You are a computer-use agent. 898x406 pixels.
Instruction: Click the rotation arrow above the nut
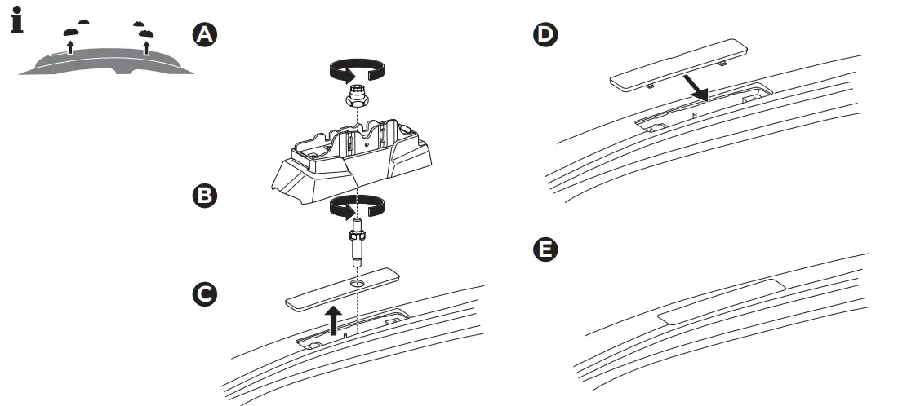(x=357, y=71)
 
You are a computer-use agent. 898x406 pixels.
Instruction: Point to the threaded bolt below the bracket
(x=357, y=241)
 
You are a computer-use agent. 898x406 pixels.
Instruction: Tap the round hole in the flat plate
(x=357, y=283)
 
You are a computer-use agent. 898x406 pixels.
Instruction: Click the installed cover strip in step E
(x=719, y=301)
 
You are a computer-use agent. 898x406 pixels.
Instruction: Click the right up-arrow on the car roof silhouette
(x=146, y=47)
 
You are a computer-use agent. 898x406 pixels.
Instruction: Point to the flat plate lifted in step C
(x=343, y=289)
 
